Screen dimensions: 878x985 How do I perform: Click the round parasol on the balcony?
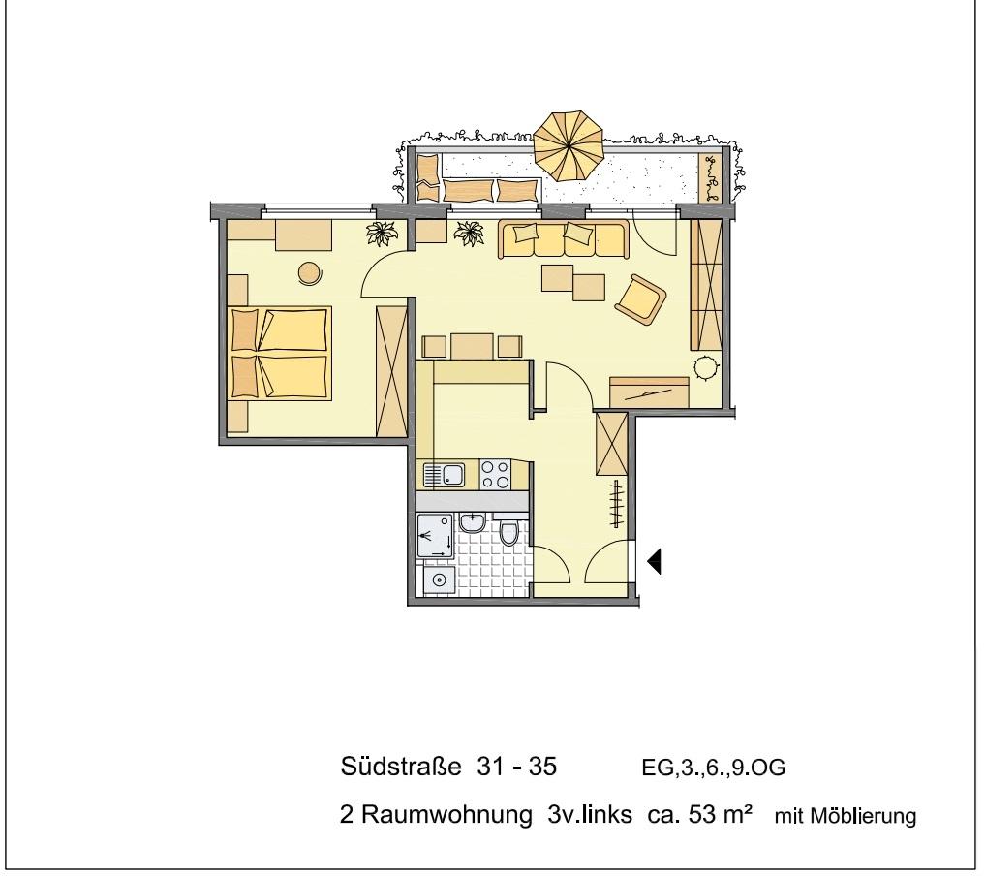point(569,145)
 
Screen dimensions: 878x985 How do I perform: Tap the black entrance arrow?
point(655,561)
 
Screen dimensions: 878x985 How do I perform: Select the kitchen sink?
point(445,475)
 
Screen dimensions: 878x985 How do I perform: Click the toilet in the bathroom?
point(510,532)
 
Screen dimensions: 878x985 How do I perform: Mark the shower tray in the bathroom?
point(434,536)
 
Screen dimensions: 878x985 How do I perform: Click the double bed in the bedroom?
point(280,353)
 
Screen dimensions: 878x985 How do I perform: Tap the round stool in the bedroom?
point(310,273)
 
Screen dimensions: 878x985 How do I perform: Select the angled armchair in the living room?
point(640,298)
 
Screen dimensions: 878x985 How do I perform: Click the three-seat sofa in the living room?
point(563,238)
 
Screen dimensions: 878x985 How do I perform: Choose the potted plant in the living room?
point(471,233)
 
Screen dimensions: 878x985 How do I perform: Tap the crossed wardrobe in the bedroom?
point(392,370)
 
